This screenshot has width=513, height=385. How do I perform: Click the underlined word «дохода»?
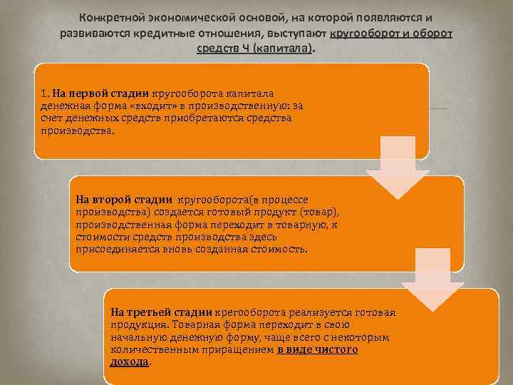(x=130, y=361)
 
